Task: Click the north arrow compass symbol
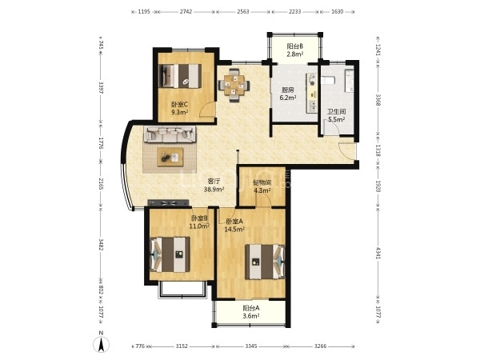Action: (101, 343)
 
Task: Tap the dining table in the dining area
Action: (234, 85)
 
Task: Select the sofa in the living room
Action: (170, 134)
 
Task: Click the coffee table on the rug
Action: (170, 157)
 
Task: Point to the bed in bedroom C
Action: (181, 76)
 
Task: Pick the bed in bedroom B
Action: (170, 254)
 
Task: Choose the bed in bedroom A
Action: (265, 262)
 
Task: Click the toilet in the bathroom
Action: (328, 81)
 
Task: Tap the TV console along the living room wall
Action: (168, 202)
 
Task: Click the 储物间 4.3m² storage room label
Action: (262, 186)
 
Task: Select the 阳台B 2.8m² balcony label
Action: (295, 50)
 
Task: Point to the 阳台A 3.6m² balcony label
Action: (251, 312)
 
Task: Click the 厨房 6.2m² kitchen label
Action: (288, 94)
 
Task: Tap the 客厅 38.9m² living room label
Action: (214, 185)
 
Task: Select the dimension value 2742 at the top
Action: (186, 12)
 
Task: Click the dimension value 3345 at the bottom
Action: (251, 346)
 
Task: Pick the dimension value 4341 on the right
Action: (378, 253)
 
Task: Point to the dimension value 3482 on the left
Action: (101, 244)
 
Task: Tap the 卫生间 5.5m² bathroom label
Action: (337, 116)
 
